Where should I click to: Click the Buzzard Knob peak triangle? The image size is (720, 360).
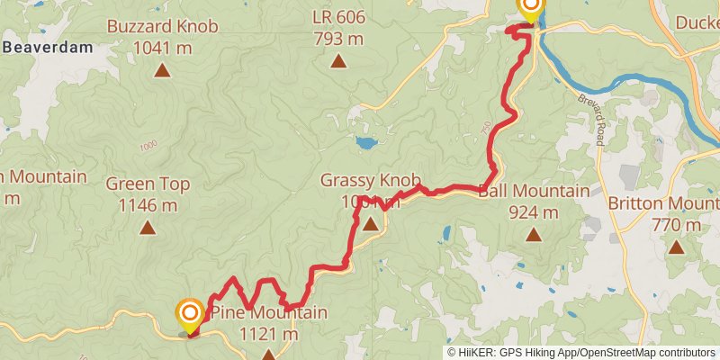[162, 69]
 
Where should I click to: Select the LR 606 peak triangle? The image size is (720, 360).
[338, 61]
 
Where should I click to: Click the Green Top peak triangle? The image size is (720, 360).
[148, 228]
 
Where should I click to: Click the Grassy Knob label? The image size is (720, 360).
[370, 180]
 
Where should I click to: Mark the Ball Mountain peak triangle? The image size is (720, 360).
[534, 236]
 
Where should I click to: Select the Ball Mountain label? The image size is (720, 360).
[534, 191]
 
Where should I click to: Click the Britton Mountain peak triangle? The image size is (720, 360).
[676, 245]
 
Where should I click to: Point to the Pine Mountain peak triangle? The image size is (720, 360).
[268, 355]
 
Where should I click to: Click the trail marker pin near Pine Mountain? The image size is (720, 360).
[189, 316]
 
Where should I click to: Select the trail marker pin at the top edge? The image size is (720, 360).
[530, 8]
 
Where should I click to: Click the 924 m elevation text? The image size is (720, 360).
[534, 212]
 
